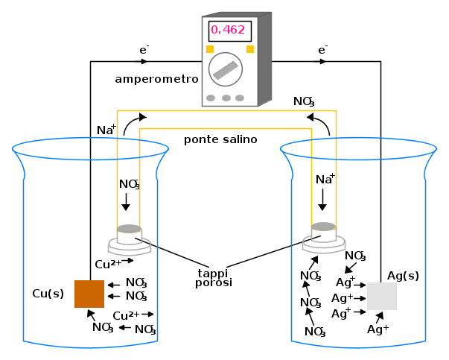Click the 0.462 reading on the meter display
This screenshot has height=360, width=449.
tap(229, 31)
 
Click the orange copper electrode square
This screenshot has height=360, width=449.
tap(89, 294)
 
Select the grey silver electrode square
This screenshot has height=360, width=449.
tap(382, 296)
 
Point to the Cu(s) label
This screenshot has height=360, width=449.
tap(48, 294)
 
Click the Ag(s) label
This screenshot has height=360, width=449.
tap(403, 276)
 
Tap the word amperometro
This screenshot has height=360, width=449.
tap(156, 78)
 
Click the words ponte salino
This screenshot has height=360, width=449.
tap(220, 139)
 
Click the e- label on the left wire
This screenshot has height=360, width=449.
tap(144, 50)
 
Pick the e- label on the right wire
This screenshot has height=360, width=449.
tap(322, 50)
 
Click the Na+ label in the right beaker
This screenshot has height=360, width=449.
tap(325, 179)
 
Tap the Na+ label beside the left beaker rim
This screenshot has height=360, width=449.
tap(106, 130)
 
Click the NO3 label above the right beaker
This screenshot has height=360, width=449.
tap(303, 101)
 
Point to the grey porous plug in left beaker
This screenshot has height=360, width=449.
tap(129, 228)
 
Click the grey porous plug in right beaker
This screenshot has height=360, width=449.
tap(323, 227)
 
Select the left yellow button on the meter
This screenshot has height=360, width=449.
tap(210, 49)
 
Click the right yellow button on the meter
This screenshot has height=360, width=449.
tap(250, 49)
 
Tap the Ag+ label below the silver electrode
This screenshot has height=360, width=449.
tap(378, 329)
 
